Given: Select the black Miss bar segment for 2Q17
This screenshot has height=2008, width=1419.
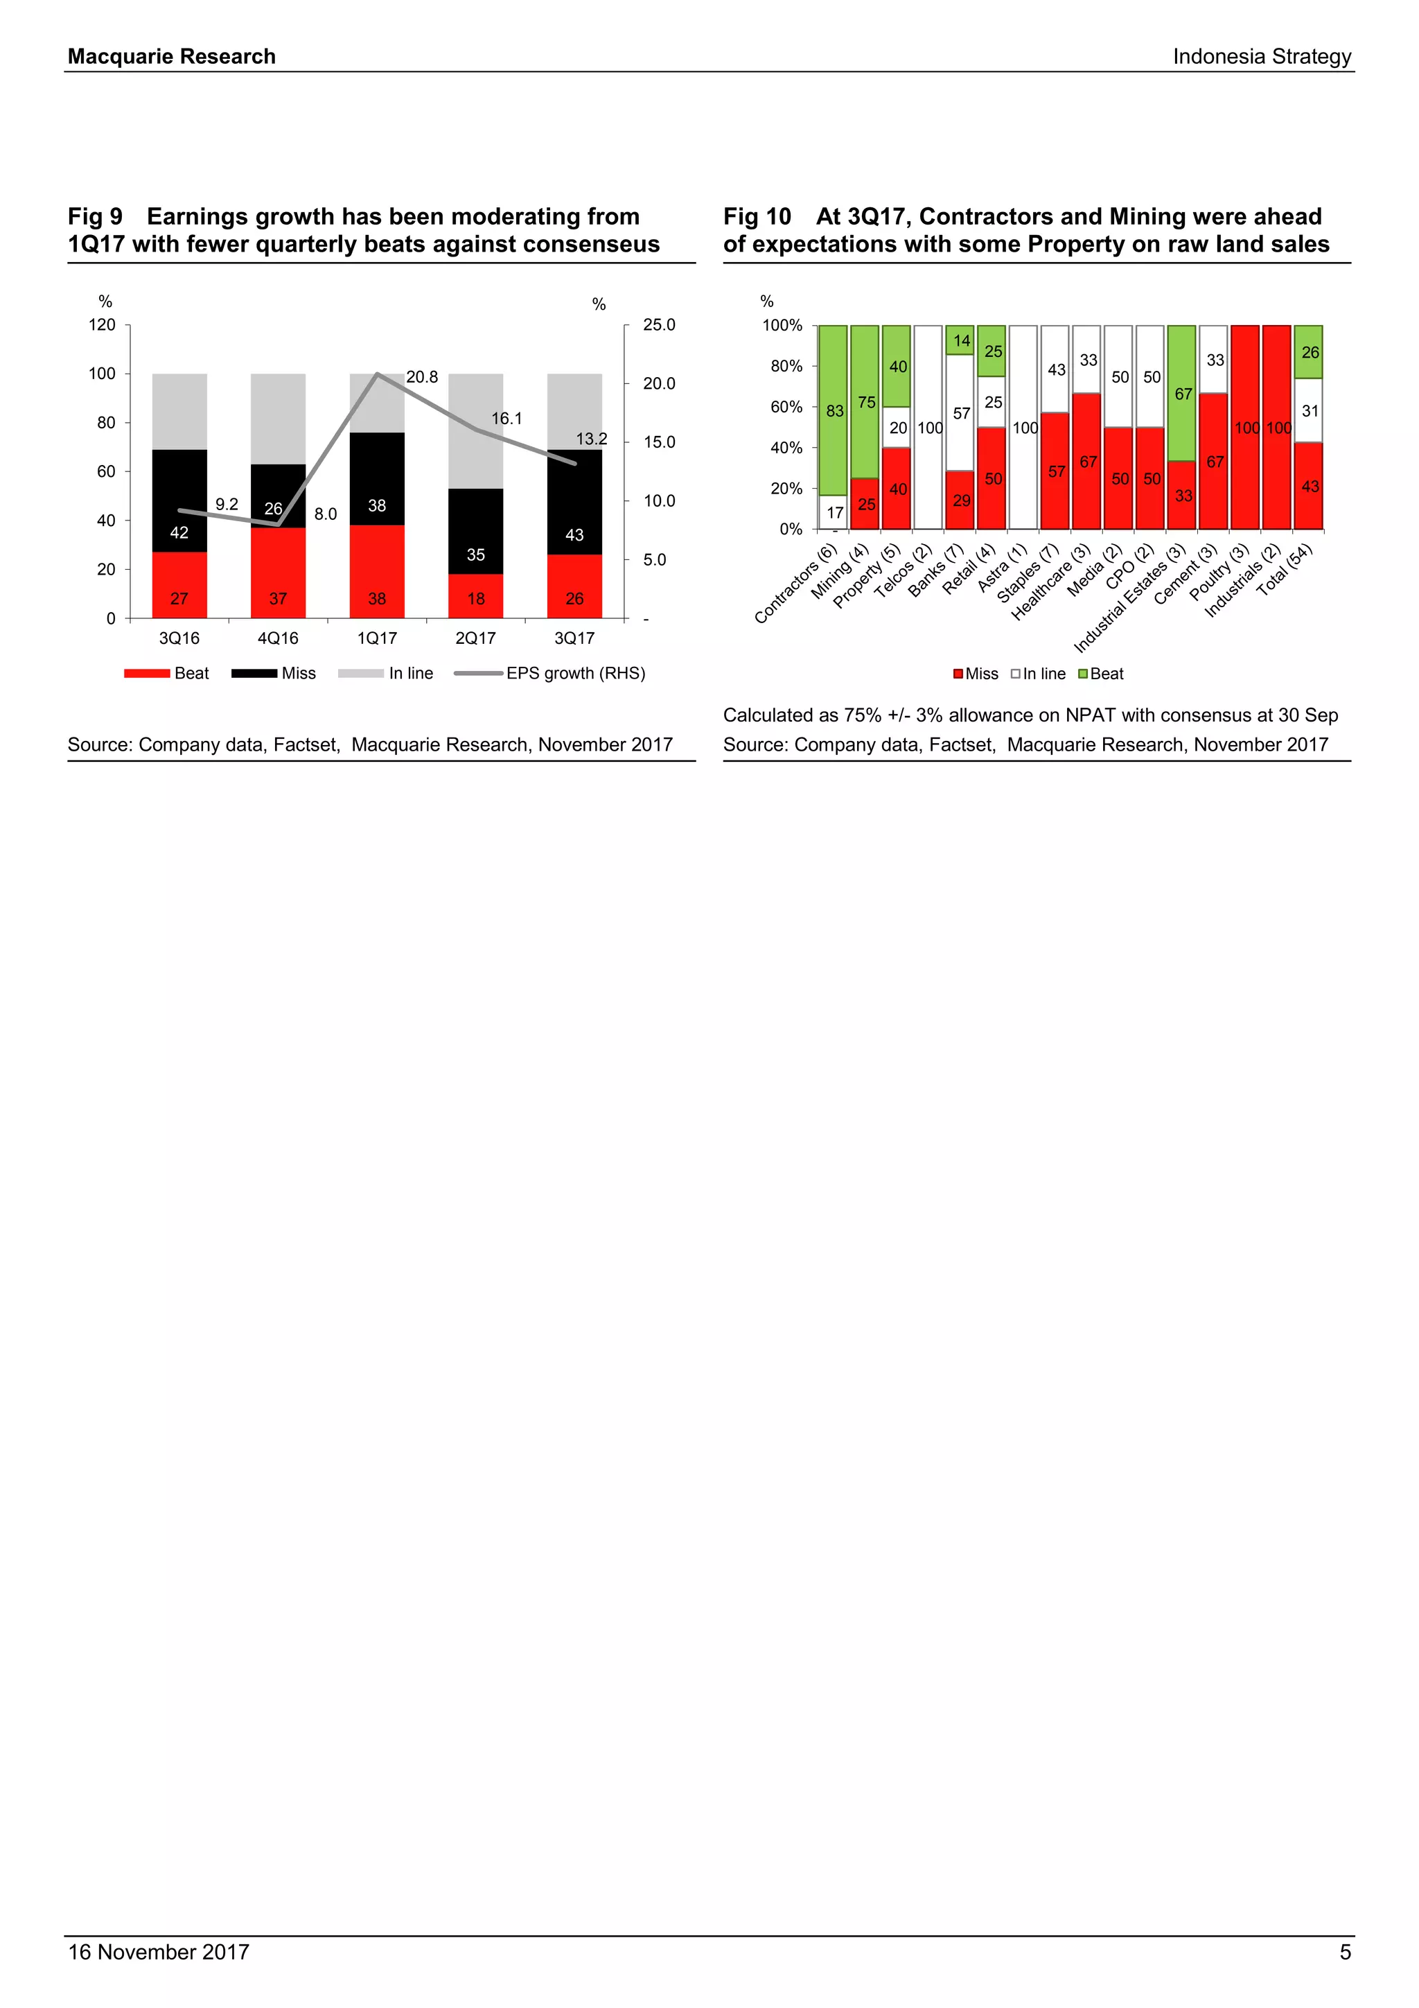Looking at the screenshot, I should pos(475,531).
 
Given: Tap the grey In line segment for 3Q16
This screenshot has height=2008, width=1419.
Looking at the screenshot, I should pos(179,411).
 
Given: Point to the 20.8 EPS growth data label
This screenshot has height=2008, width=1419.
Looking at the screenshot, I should pos(421,377).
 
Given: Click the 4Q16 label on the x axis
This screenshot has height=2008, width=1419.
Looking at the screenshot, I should pos(278,638).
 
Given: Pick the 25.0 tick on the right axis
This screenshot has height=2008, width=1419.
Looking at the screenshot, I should pos(658,325).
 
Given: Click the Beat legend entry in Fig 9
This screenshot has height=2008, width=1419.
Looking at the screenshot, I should pos(168,674).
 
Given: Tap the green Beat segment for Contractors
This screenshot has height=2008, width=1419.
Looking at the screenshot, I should pos(834,410).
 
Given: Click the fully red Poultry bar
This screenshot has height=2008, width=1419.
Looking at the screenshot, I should pos(1245,428).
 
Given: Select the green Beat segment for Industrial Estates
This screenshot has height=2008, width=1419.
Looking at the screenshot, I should pos(1181,394).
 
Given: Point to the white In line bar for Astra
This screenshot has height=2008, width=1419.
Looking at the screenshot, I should pos(1023,428).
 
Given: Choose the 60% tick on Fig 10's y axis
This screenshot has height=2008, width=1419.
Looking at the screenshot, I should pos(786,407).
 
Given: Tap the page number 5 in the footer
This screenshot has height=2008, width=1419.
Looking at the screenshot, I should pos(1345,1952).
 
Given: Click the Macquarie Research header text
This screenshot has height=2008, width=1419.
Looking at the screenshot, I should pos(171,57).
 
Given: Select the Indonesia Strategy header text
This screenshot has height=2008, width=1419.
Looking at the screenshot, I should pos(1262,57).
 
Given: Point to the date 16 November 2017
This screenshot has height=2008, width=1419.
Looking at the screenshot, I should pos(158,1952).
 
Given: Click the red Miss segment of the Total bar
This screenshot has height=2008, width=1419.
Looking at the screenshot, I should pos(1308,487).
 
